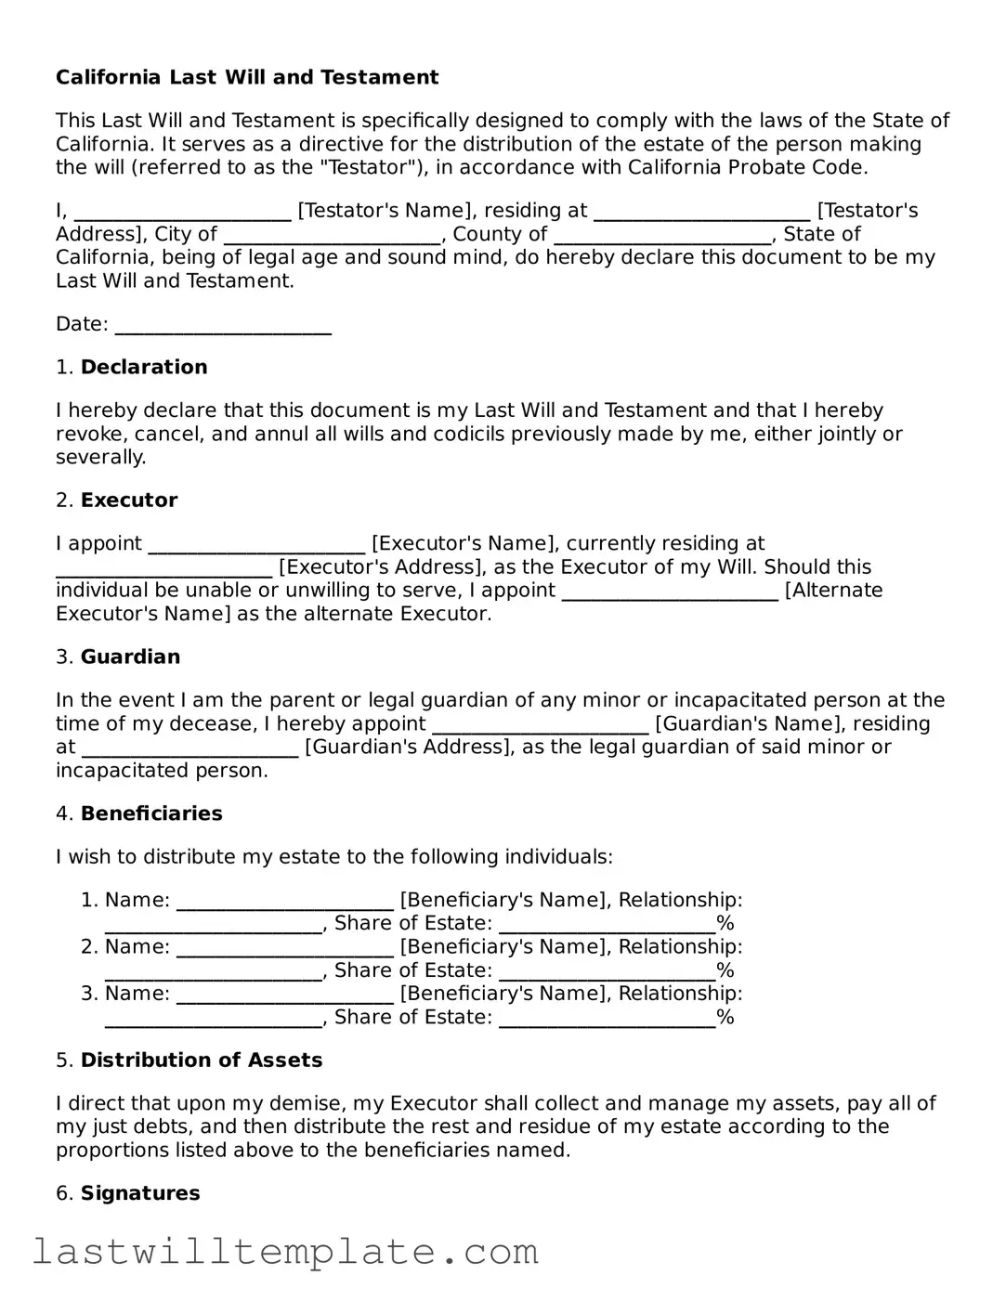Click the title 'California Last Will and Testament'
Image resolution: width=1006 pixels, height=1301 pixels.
[247, 77]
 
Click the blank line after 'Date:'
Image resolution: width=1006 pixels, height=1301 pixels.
[223, 325]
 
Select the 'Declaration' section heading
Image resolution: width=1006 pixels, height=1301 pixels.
[144, 367]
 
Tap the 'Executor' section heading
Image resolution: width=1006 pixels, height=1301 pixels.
[129, 500]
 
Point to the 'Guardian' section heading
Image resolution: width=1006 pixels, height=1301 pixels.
[130, 657]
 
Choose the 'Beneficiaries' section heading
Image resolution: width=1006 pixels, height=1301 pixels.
[151, 813]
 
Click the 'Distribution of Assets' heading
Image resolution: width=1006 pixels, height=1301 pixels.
[202, 1060]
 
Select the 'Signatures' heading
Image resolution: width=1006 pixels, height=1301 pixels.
[140, 1192]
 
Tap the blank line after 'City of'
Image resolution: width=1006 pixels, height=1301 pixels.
[332, 235]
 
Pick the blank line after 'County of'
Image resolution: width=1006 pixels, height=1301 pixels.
[662, 235]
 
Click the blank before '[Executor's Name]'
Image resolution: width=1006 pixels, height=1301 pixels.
[256, 544]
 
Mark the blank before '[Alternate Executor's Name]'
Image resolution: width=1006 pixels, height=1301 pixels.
[670, 592]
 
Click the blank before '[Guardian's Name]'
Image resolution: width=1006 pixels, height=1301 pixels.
[541, 724]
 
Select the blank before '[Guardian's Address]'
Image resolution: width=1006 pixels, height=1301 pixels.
[190, 748]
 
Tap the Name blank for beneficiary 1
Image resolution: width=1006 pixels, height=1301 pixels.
[285, 901]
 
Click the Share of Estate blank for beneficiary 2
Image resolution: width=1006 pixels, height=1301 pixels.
[607, 971]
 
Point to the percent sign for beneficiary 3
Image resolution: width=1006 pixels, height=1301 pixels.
[725, 1017]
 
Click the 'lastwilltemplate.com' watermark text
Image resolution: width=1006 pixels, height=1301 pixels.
[286, 1252]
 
